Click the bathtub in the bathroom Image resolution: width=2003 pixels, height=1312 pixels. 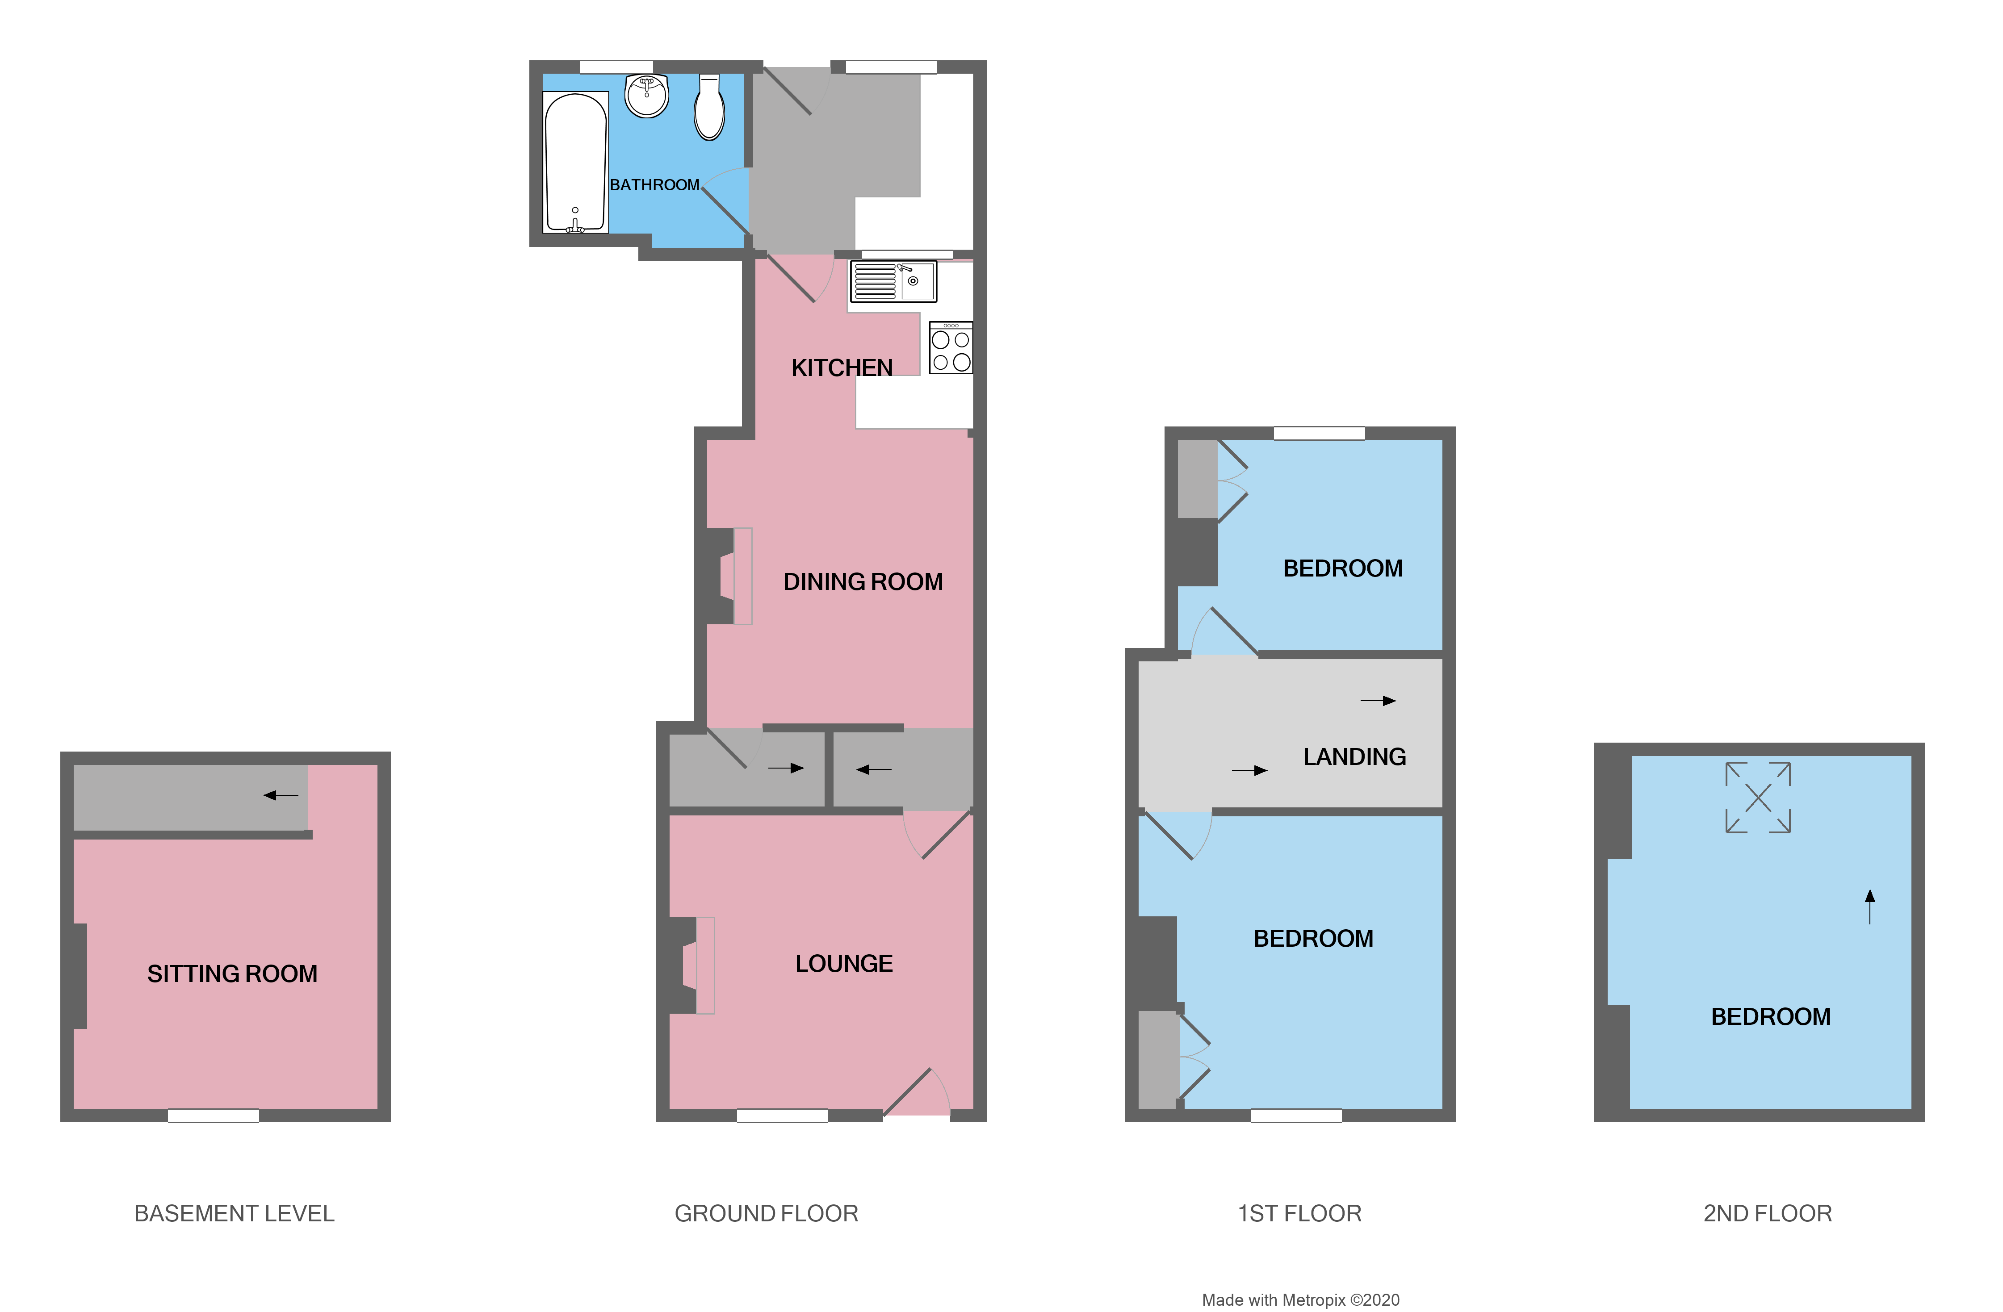(x=576, y=162)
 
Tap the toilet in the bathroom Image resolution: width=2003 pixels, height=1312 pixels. (x=709, y=108)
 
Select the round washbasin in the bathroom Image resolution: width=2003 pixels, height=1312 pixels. (x=646, y=95)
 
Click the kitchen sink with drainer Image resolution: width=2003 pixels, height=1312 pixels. (x=893, y=281)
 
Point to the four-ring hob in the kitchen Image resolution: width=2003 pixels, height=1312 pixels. (x=951, y=348)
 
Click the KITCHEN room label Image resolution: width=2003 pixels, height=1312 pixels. (x=842, y=368)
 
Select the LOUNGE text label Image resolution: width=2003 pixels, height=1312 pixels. (x=843, y=964)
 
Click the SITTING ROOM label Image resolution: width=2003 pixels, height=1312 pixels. (x=232, y=974)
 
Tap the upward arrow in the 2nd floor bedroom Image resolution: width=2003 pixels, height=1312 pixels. (x=1870, y=907)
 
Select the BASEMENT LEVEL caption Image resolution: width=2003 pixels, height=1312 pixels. (x=234, y=1214)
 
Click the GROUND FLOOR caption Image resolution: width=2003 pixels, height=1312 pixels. (x=766, y=1214)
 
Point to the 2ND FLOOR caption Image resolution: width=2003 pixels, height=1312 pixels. (x=1767, y=1214)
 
